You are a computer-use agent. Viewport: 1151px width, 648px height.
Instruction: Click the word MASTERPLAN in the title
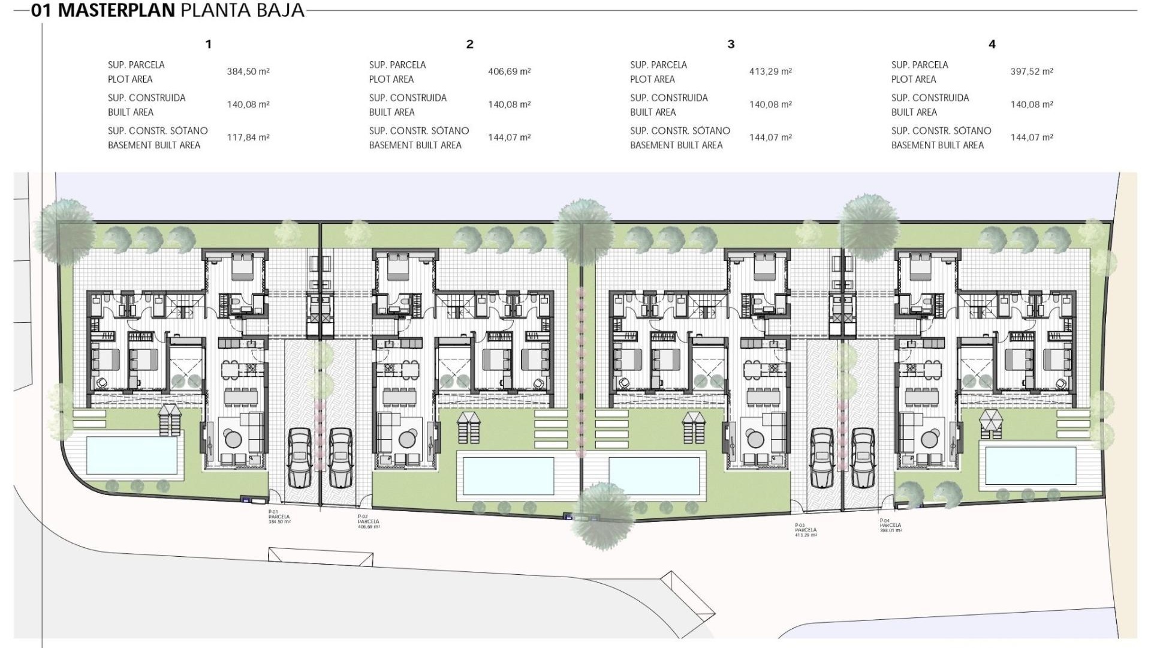click(x=116, y=10)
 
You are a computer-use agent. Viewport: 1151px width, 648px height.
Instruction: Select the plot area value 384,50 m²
click(x=248, y=71)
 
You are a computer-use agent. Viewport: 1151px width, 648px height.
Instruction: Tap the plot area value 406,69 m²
click(x=509, y=71)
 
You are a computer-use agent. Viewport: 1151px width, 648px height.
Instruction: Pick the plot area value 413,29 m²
click(x=770, y=71)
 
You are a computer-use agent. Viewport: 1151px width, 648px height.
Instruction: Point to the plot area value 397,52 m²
click(x=1032, y=71)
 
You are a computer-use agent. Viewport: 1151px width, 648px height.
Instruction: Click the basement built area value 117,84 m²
click(x=248, y=137)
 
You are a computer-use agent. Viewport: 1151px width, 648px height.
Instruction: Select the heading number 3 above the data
click(x=731, y=44)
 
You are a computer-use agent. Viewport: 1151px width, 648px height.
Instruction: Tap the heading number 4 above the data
click(x=992, y=44)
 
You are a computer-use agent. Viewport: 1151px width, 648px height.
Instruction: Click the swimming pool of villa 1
click(x=132, y=455)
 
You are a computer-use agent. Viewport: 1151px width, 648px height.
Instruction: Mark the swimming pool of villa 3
click(x=654, y=476)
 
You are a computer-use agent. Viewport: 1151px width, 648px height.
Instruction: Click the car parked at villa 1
click(x=300, y=457)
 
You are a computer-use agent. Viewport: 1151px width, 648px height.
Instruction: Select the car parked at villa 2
click(x=340, y=457)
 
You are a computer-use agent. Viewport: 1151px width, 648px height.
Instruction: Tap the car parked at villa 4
click(x=863, y=457)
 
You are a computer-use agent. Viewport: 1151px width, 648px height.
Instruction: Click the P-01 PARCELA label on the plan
click(x=279, y=517)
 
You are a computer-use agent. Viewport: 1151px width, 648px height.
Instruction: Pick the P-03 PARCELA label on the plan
click(x=806, y=530)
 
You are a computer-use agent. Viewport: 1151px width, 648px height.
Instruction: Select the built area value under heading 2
click(x=509, y=104)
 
